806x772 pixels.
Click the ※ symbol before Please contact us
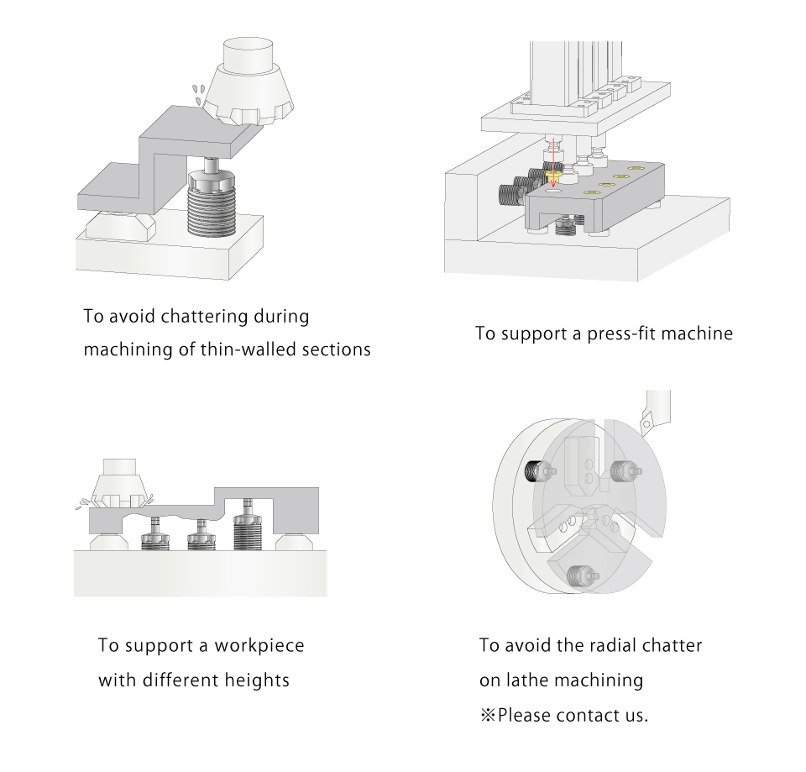[488, 716]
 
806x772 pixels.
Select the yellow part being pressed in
[554, 177]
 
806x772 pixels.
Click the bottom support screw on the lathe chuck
[578, 576]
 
